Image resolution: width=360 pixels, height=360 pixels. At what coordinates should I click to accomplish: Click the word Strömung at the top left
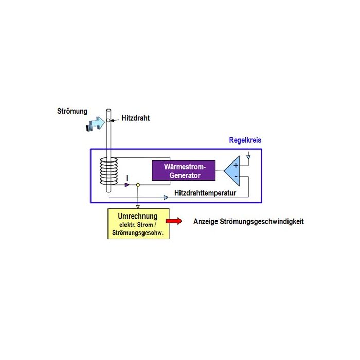coord(72,111)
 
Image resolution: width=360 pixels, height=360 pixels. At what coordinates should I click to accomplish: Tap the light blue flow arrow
coord(96,123)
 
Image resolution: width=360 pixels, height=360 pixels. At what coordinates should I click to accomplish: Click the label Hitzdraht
coord(136,118)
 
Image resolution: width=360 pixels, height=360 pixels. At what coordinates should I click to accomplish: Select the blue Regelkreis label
coord(246,140)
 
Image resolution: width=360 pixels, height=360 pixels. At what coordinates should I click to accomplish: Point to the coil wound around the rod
coord(109,171)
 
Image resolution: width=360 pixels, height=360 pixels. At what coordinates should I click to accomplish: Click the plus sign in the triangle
coord(236,165)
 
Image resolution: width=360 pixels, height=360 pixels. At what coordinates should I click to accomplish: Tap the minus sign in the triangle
coord(236,177)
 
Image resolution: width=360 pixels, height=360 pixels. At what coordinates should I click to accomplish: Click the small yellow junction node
coord(138,184)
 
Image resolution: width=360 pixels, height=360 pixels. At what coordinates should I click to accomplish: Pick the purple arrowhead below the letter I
coord(127,184)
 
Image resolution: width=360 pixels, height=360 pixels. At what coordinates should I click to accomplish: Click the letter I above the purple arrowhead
coord(127,177)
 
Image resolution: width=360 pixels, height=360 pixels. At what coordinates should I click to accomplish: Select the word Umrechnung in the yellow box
coord(138,217)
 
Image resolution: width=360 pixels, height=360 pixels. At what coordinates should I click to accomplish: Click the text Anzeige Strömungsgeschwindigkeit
coord(248,222)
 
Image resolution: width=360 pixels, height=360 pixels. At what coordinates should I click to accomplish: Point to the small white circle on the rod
coord(108,120)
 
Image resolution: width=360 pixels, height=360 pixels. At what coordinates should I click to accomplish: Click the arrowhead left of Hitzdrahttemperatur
coord(165,197)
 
